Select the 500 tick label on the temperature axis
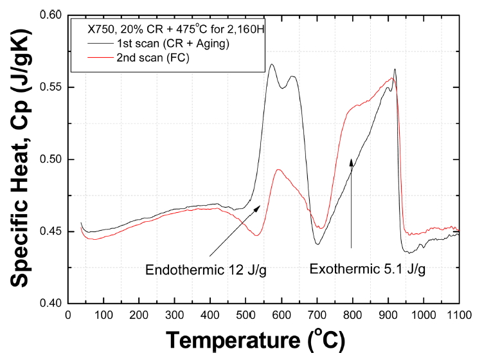(x=245, y=316)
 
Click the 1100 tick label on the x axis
(x=458, y=316)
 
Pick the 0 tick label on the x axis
(x=69, y=316)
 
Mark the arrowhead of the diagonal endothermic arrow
(x=260, y=206)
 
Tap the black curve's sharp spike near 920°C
(x=395, y=69)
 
